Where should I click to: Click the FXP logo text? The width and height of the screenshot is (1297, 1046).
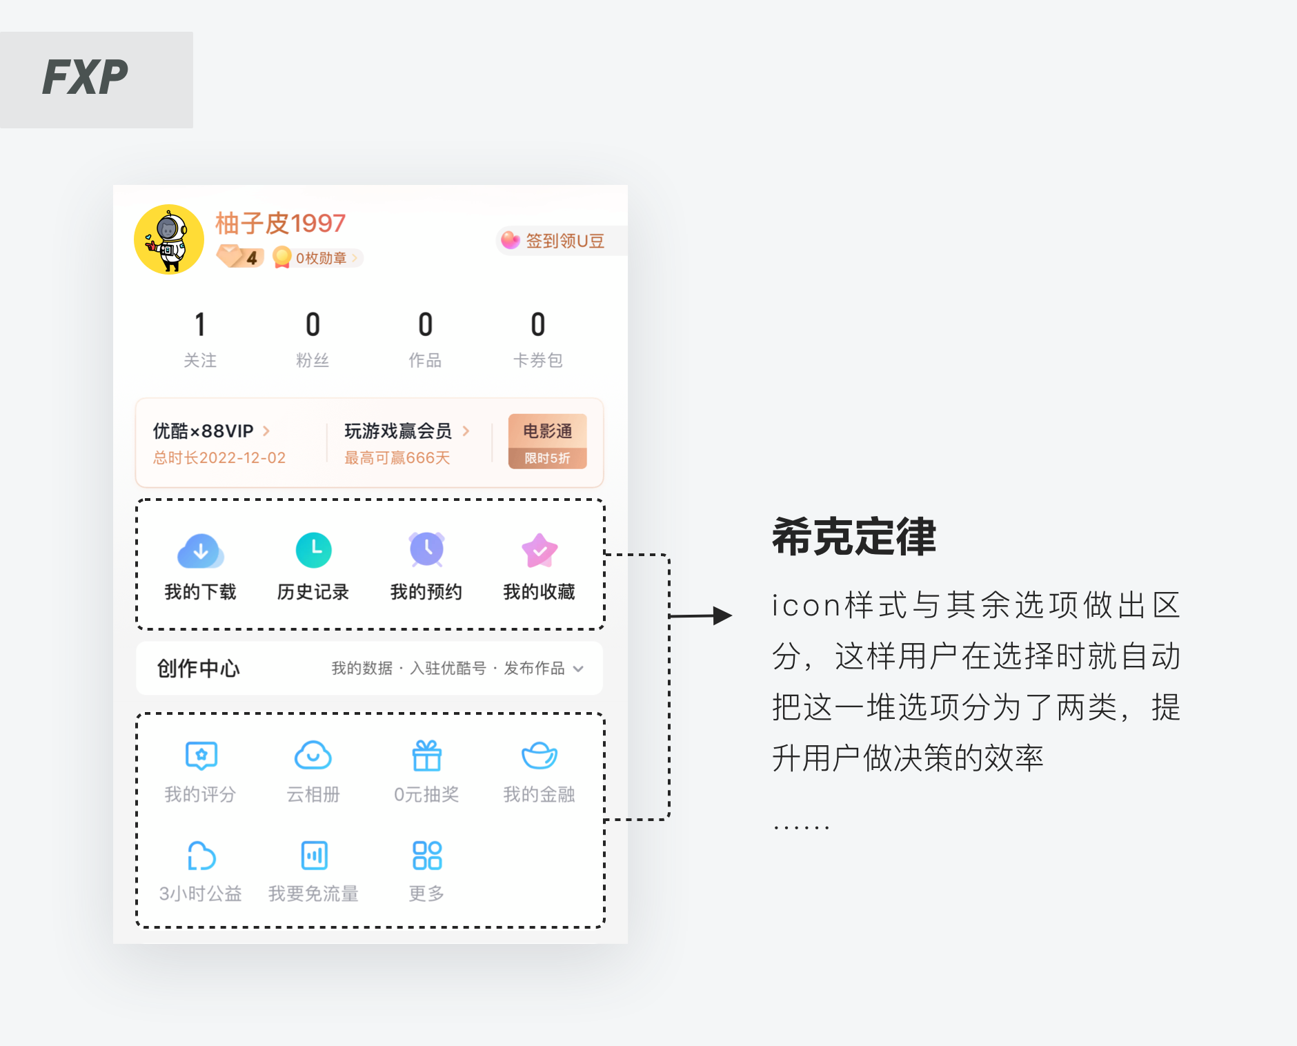pyautogui.click(x=86, y=77)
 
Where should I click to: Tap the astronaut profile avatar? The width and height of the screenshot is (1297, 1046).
pyautogui.click(x=169, y=239)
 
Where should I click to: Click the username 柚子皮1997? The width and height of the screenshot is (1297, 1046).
pyautogui.click(x=280, y=224)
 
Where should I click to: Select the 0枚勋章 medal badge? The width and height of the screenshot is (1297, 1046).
pyautogui.click(x=317, y=258)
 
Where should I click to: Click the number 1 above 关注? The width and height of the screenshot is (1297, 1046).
pyautogui.click(x=200, y=325)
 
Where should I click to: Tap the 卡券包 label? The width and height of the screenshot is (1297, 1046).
pyautogui.click(x=538, y=360)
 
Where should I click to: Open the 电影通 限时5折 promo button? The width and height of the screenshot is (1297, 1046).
pyautogui.click(x=547, y=442)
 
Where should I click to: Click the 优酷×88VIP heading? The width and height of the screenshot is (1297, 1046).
pyautogui.click(x=204, y=431)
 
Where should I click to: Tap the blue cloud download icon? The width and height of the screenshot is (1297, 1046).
pyautogui.click(x=200, y=551)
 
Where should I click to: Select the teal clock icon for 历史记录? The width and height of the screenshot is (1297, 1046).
pyautogui.click(x=313, y=551)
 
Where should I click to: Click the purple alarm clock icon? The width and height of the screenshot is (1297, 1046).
pyautogui.click(x=426, y=550)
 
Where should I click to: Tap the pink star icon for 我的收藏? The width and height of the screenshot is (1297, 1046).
pyautogui.click(x=539, y=551)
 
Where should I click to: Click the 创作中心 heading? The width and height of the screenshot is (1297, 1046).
pyautogui.click(x=199, y=668)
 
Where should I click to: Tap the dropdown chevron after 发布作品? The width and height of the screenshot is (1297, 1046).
pyautogui.click(x=579, y=669)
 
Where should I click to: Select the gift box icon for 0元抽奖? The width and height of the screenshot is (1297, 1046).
pyautogui.click(x=426, y=756)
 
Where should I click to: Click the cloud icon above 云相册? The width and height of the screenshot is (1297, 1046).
pyautogui.click(x=313, y=756)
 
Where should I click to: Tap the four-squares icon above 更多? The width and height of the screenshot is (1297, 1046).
pyautogui.click(x=426, y=856)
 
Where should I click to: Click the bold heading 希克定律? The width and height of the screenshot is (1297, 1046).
pyautogui.click(x=853, y=537)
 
